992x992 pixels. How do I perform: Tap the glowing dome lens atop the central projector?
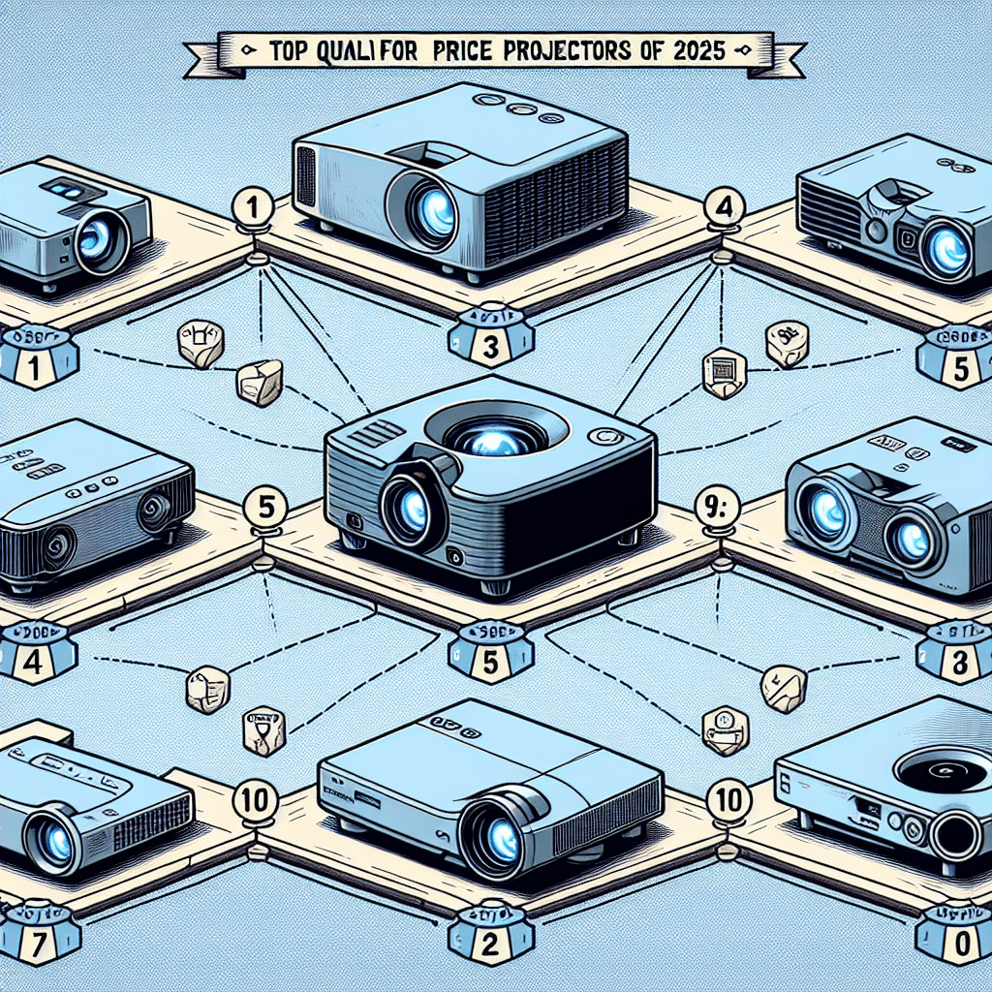494,441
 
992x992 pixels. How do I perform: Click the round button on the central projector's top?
608,438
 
